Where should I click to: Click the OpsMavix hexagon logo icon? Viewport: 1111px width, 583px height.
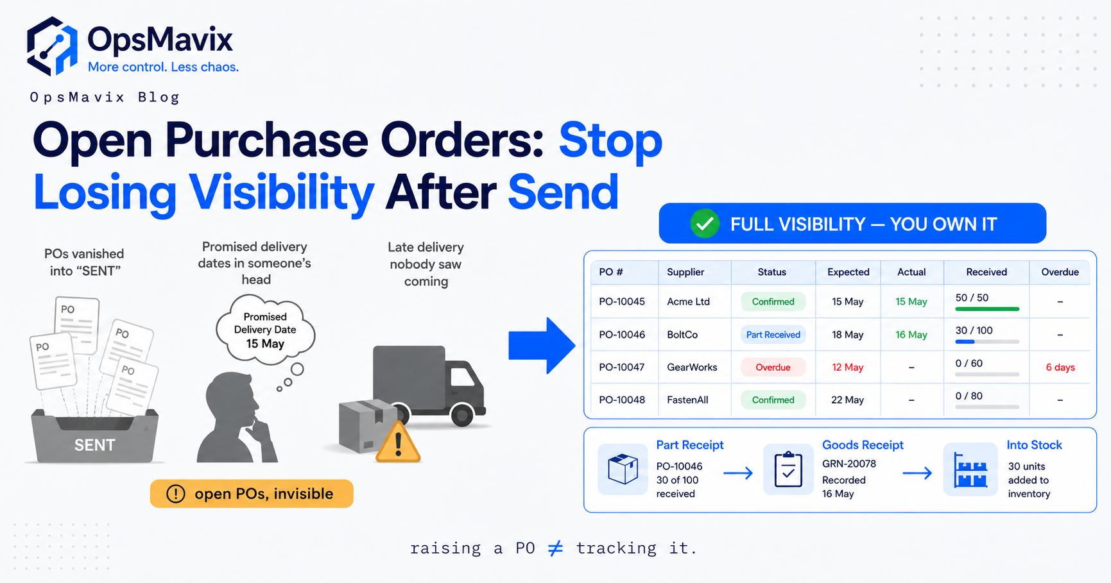click(x=52, y=46)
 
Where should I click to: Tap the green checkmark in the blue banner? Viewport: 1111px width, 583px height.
click(x=705, y=224)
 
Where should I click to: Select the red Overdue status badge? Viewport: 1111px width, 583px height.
click(x=773, y=367)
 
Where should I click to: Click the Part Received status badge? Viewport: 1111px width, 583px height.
click(x=773, y=334)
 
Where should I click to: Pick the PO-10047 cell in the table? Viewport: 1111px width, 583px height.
click(x=621, y=367)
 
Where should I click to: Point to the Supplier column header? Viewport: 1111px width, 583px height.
click(x=685, y=272)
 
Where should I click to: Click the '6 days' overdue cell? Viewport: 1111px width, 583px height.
click(x=1060, y=367)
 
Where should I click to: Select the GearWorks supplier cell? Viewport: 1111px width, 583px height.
click(x=692, y=367)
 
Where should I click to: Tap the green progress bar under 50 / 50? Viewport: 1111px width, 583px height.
click(x=987, y=309)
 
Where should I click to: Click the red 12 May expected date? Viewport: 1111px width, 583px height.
click(x=847, y=367)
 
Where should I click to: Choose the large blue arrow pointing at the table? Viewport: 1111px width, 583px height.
click(x=542, y=345)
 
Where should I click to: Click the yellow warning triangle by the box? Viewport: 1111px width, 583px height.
click(x=398, y=442)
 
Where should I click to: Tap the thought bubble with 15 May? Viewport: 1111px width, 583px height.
click(x=265, y=330)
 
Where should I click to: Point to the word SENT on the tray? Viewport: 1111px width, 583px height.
click(x=94, y=445)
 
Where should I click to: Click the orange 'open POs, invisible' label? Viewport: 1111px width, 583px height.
click(x=252, y=493)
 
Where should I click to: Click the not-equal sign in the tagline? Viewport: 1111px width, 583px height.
click(x=556, y=548)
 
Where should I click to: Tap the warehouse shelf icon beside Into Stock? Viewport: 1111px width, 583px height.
click(x=970, y=470)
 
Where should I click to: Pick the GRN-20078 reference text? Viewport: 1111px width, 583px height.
click(x=848, y=463)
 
